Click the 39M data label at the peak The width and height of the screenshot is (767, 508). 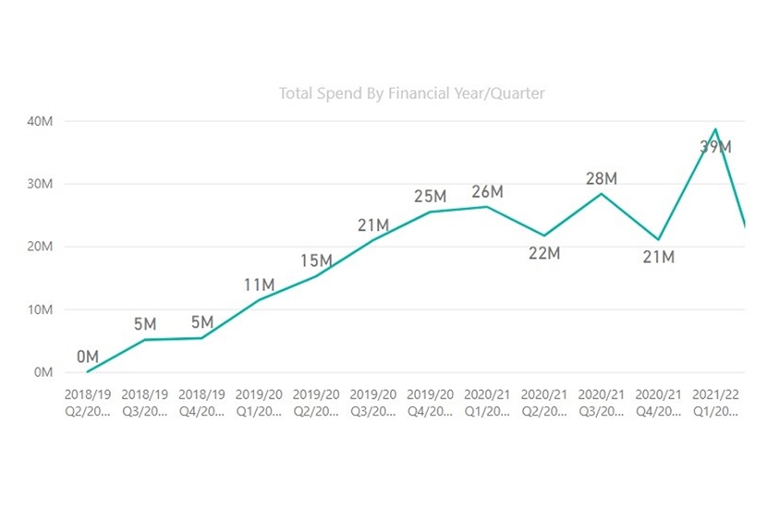click(715, 147)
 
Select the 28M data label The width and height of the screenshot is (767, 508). click(601, 177)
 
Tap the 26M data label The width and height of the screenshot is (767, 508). click(487, 191)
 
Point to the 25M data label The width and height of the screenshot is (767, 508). click(430, 196)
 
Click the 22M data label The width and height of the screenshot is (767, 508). click(544, 252)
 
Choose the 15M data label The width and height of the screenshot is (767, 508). click(315, 260)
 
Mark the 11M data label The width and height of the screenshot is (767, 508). click(259, 284)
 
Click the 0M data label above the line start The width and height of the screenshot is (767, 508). click(88, 357)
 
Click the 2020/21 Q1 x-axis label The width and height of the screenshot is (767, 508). click(487, 402)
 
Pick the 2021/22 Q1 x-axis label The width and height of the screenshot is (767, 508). click(715, 402)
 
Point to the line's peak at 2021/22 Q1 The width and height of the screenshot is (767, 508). click(715, 129)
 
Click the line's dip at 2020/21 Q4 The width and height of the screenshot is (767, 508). click(658, 240)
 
